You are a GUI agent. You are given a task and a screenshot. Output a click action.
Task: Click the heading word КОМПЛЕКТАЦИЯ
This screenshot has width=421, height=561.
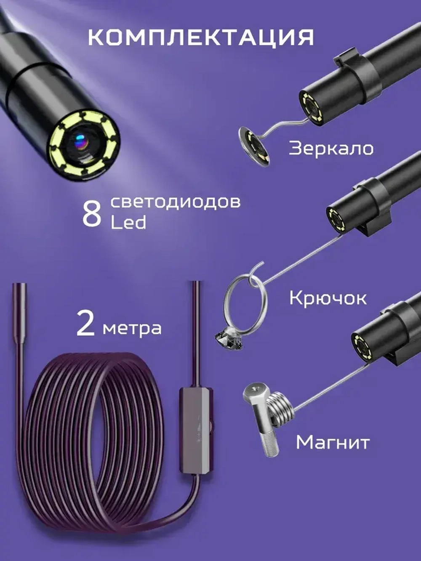tap(201, 37)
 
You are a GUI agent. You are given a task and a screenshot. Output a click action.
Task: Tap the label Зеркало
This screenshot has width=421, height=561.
tap(331, 149)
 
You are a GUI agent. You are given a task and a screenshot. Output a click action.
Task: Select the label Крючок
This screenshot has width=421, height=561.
tap(328, 298)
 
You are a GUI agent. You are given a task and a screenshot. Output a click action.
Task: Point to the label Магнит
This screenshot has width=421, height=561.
tap(333, 442)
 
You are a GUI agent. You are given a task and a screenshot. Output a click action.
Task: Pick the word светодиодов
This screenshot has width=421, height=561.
tap(176, 202)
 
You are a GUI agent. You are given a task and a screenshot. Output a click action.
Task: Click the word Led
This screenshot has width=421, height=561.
tap(128, 223)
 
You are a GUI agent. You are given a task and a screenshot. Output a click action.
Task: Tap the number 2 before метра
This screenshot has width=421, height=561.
tap(86, 324)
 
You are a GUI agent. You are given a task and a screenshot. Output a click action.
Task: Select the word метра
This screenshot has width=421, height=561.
tap(132, 328)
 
